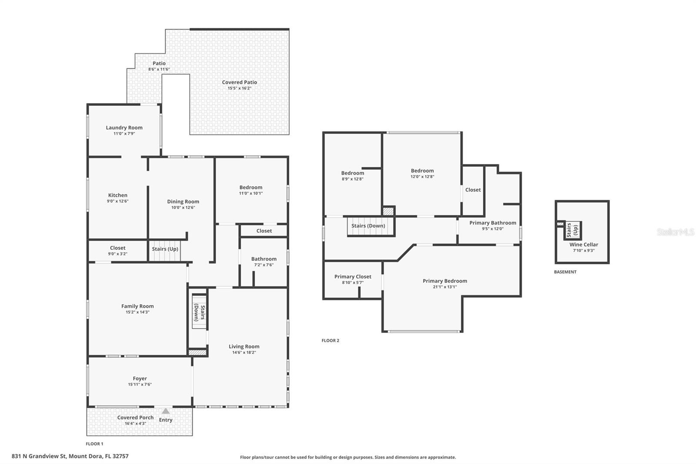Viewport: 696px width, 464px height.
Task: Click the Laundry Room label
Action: [x=124, y=128]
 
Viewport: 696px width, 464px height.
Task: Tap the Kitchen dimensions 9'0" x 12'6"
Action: [x=117, y=201]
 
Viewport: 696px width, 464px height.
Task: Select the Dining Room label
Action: [x=183, y=202]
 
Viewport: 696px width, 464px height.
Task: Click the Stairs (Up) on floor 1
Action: [x=165, y=249]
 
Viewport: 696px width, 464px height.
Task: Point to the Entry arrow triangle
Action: [x=166, y=411]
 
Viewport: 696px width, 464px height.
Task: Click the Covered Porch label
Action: [x=135, y=417]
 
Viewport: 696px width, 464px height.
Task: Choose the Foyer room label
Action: [x=140, y=379]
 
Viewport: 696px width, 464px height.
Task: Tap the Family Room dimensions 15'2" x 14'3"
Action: [x=137, y=312]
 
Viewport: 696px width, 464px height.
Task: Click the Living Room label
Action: [x=244, y=346]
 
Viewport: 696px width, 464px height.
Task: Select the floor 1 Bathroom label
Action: [x=264, y=259]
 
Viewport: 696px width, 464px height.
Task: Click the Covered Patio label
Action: [x=239, y=82]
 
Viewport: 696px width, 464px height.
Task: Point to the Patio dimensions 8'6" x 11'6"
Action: [x=159, y=69]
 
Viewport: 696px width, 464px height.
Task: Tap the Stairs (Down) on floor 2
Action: [x=368, y=226]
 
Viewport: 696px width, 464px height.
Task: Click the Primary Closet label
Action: [x=353, y=276]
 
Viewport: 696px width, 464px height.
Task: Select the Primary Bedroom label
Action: [x=445, y=281]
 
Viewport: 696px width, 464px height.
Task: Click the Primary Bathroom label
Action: [x=492, y=223]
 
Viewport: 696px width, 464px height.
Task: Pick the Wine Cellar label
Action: [x=584, y=245]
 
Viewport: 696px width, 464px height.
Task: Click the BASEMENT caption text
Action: [x=565, y=272]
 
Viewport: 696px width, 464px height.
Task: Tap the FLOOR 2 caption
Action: [x=330, y=340]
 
